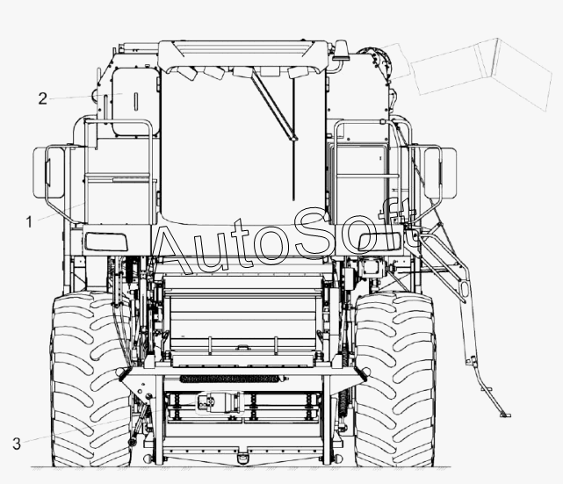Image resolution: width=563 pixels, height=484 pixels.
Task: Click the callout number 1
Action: point(30,222)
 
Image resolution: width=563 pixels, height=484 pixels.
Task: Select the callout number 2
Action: point(43,98)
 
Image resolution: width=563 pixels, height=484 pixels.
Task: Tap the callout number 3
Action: point(17,444)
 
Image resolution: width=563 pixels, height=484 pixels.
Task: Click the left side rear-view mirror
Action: point(48,172)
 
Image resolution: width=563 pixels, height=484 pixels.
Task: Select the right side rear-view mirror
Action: point(440,172)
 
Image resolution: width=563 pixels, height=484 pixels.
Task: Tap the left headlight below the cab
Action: point(105,242)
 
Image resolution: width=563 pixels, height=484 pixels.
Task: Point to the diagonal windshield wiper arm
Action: point(274,105)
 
